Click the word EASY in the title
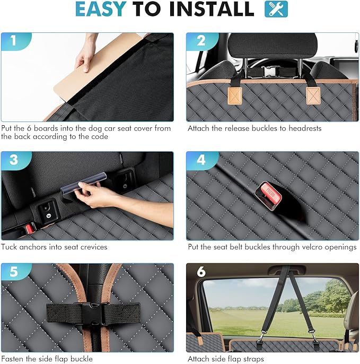pyautogui.click(x=101, y=9)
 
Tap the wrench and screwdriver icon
pyautogui.click(x=276, y=9)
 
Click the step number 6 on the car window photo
pyautogui.click(x=201, y=271)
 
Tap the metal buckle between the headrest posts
pyautogui.click(x=269, y=71)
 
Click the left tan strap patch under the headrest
pyautogui.click(x=235, y=96)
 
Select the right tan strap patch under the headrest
pyautogui.click(x=313, y=96)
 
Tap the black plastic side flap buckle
pyautogui.click(x=92, y=313)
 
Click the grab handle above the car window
pyautogui.click(x=287, y=270)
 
